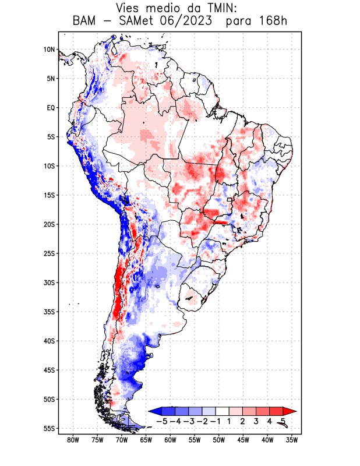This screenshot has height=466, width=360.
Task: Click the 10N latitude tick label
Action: point(49,50)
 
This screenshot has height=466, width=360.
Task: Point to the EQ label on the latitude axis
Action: point(51,108)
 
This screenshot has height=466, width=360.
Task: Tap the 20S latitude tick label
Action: point(49,224)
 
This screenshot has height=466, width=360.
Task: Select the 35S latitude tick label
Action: point(49,312)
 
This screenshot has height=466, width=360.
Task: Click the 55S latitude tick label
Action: point(49,428)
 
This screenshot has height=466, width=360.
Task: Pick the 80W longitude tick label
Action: point(73,440)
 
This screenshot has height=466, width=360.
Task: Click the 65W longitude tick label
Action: point(146,440)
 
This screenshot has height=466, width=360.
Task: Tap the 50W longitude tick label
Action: point(219,440)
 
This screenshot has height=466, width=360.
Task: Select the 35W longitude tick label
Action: point(292,440)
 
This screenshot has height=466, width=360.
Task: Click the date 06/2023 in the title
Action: point(191,22)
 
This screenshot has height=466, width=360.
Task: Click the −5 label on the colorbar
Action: point(161,421)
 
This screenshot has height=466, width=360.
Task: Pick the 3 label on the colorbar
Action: point(256,421)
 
